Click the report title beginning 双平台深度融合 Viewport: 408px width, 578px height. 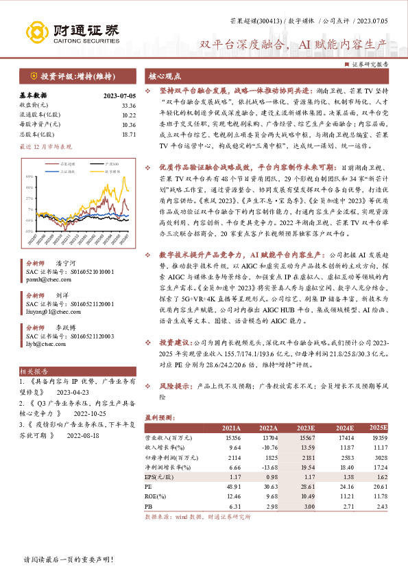293,45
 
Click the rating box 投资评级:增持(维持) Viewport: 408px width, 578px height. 75,76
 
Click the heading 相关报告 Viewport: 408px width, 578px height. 31,369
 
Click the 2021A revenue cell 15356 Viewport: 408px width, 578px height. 232,437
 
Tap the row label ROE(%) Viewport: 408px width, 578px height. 156,495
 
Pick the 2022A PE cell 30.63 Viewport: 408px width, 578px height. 267,485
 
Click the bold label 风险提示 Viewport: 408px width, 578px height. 176,386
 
